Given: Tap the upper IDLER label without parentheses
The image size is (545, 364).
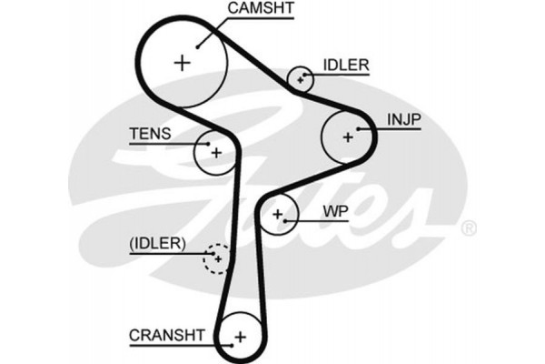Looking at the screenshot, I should [x=345, y=66].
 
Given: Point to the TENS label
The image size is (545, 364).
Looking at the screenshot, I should [x=149, y=133].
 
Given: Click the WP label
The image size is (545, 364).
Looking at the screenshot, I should [x=336, y=211].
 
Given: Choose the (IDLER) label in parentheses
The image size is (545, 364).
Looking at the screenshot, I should [x=156, y=243].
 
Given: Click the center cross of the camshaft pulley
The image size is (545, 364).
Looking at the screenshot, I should [x=183, y=62].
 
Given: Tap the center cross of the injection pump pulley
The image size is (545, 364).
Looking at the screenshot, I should [x=347, y=136].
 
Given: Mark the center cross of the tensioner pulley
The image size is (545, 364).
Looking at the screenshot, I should [x=215, y=153].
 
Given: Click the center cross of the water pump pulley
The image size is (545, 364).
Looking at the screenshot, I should [x=278, y=216].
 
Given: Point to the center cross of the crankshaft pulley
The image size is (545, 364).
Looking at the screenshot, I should [x=240, y=338].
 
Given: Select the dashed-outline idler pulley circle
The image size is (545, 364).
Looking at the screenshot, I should [x=216, y=258].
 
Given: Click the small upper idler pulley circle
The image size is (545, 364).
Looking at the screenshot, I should [x=301, y=78].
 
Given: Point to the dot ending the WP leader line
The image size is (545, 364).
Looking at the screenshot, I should [x=289, y=220].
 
